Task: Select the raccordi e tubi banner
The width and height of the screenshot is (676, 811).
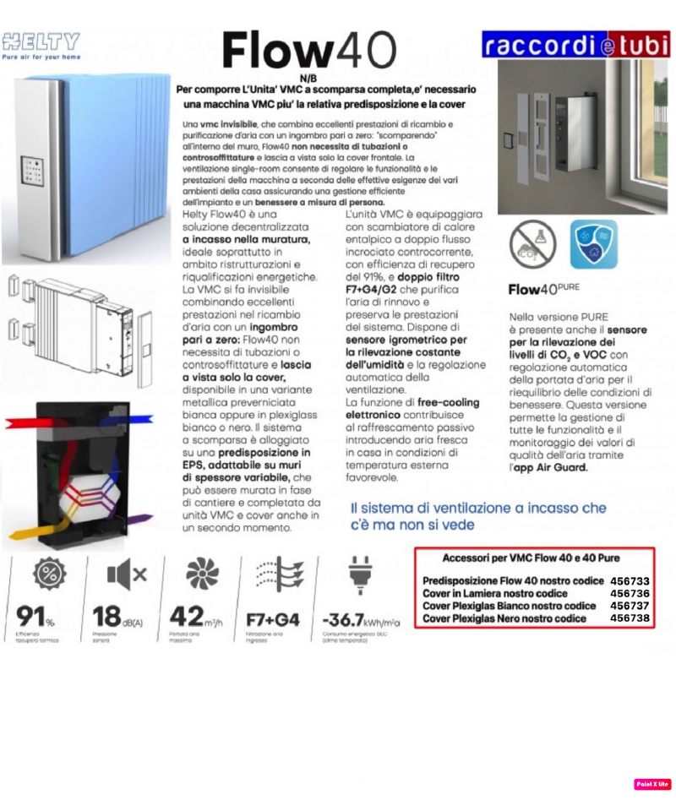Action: click(x=575, y=45)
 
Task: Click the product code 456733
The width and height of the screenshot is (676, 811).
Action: click(x=630, y=581)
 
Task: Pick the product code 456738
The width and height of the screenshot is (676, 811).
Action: click(x=630, y=618)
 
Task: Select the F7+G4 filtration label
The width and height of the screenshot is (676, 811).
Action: click(x=272, y=619)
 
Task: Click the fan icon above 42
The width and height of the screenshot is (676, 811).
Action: click(x=200, y=575)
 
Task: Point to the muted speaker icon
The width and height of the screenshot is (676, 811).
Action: click(x=127, y=575)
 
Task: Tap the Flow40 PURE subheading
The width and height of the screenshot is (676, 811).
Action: click(x=543, y=289)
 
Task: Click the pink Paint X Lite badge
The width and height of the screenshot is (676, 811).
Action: click(x=652, y=784)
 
